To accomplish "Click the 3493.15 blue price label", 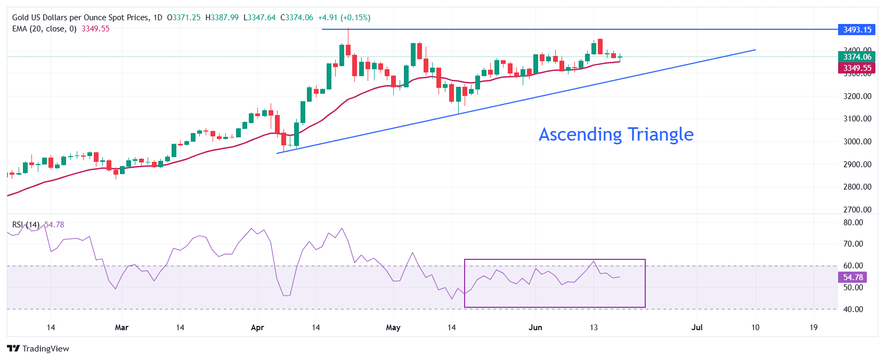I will (857, 29).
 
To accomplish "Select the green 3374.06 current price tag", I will (857, 57).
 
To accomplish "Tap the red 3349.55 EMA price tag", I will (857, 68).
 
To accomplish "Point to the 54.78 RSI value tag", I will (852, 277).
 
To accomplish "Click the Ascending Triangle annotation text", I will (616, 134).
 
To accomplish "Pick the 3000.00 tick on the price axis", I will (857, 142).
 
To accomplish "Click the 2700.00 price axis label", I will (857, 210).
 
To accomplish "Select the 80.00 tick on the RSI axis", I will (852, 223).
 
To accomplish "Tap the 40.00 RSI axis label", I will (852, 309).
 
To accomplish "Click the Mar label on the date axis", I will (121, 328).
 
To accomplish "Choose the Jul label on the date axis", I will (696, 328).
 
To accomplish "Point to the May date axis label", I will (393, 328).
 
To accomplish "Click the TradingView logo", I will (38, 349).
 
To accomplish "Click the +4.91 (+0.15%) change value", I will (344, 18).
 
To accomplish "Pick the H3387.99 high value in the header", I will (222, 18).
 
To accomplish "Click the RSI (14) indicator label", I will (26, 225).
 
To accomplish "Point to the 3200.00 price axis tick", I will (857, 96).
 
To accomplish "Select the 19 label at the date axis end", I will (813, 328).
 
